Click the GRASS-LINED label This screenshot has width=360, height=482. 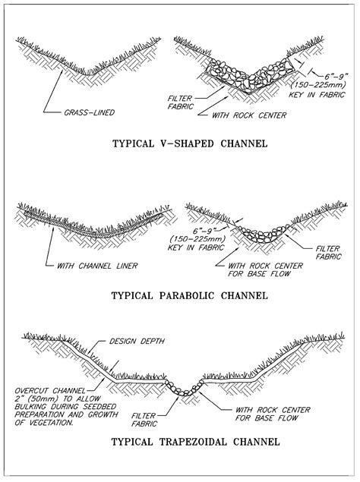tap(89, 112)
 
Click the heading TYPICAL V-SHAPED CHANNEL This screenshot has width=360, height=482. tap(190, 143)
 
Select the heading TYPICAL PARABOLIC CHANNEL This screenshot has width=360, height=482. tap(190, 296)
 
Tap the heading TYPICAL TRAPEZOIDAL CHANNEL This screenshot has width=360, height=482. tap(196, 442)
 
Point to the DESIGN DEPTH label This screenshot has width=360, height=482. tap(137, 342)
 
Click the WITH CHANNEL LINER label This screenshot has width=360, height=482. tap(97, 266)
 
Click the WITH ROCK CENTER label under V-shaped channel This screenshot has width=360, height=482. tap(249, 115)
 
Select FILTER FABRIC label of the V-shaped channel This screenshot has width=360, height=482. tap(181, 102)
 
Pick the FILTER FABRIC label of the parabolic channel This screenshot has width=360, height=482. tap(328, 252)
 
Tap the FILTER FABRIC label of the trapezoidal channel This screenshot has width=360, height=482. tap(144, 420)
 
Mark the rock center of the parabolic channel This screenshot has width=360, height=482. tap(264, 235)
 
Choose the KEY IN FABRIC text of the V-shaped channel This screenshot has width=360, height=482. tap(317, 95)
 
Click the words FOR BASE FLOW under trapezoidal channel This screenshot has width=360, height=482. tap(267, 418)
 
